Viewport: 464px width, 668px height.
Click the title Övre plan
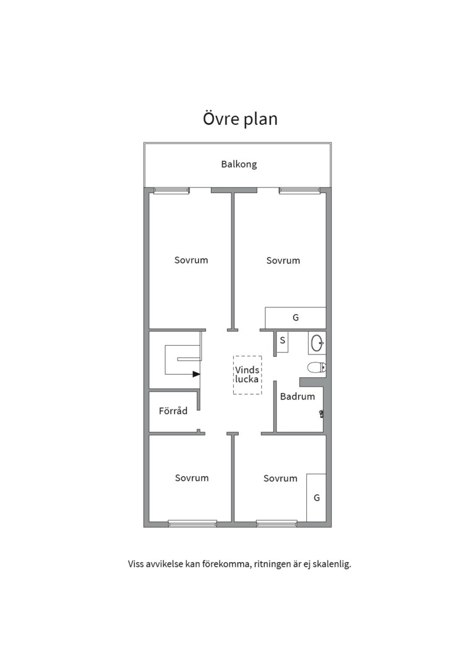coord(240,118)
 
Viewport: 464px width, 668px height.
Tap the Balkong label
coord(239,165)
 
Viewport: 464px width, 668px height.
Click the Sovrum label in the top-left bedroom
coord(191,260)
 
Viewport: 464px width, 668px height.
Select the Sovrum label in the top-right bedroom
coord(283,261)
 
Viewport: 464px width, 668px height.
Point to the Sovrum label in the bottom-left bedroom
coord(192,478)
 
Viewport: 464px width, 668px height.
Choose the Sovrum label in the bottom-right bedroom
coord(280,479)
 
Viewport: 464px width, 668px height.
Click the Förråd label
coord(173,411)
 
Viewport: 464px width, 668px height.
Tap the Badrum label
coord(298,397)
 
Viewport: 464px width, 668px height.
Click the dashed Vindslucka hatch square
coord(247,375)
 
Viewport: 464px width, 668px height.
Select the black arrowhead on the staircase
coord(196,374)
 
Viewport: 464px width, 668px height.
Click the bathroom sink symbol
coord(317,341)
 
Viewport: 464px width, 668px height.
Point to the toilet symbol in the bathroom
coord(317,367)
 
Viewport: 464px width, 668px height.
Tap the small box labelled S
coord(282,341)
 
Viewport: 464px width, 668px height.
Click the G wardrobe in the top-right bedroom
coord(296,317)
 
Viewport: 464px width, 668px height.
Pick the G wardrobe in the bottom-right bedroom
coord(316,497)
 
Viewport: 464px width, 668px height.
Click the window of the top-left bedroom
coord(171,191)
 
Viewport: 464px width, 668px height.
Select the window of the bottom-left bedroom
coord(192,523)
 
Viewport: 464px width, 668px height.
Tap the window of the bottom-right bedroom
coord(277,523)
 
